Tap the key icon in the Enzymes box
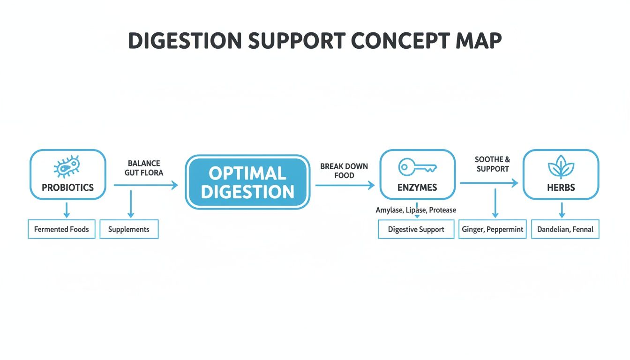pyautogui.click(x=417, y=167)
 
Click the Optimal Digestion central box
pyautogui.click(x=247, y=182)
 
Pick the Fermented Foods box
pyautogui.click(x=61, y=229)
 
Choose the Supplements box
pyautogui.click(x=129, y=229)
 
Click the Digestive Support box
pyautogui.click(x=416, y=230)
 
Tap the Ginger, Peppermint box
pyautogui.click(x=492, y=230)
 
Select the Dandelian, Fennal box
pyautogui.click(x=565, y=230)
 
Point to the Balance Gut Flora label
pyautogui.click(x=143, y=168)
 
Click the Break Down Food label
pyautogui.click(x=344, y=171)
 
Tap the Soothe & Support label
pyautogui.click(x=492, y=164)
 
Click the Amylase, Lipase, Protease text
pyautogui.click(x=416, y=210)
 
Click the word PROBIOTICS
pyautogui.click(x=67, y=187)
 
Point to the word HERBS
pyautogui.click(x=561, y=187)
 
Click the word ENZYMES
pyautogui.click(x=417, y=187)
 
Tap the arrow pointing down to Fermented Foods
pyautogui.click(x=67, y=210)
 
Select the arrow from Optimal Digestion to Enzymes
pyautogui.click(x=345, y=185)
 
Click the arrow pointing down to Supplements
pyautogui.click(x=131, y=204)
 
